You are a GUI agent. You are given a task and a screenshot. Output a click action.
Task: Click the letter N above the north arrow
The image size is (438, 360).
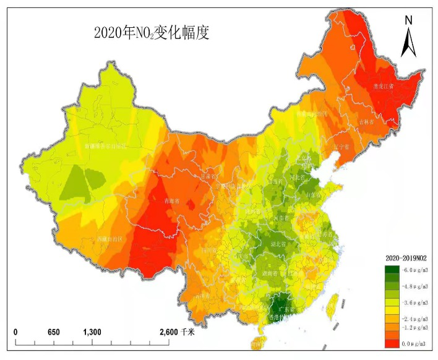click(408, 20)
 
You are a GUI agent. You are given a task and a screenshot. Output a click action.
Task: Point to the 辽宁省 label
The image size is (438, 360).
click(341, 147)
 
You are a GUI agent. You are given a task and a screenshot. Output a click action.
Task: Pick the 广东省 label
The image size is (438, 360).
click(285, 307)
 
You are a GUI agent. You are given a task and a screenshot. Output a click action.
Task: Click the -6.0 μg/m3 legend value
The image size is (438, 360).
click(415, 270)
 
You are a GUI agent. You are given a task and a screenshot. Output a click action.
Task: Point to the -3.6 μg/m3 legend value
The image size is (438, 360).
click(415, 304)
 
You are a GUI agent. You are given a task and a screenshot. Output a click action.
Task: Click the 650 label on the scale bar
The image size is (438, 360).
click(54, 332)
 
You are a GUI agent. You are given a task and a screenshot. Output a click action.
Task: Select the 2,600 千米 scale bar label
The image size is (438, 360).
click(176, 332)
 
